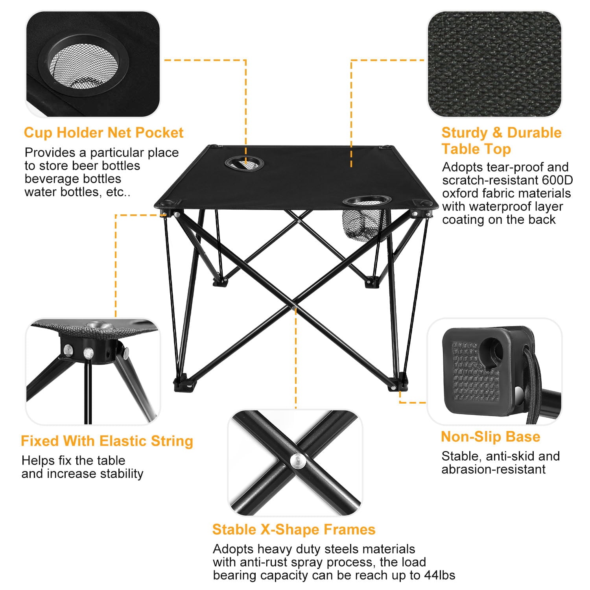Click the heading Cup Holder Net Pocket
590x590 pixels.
pos(103,133)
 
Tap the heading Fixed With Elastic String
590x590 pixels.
pos(107,441)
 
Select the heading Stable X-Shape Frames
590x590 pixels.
pos(294,529)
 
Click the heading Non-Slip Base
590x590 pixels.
pos(490,437)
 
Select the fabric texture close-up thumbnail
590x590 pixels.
pos(494,64)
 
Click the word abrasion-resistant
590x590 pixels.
pos(493,469)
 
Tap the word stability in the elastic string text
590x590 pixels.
pos(122,474)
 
